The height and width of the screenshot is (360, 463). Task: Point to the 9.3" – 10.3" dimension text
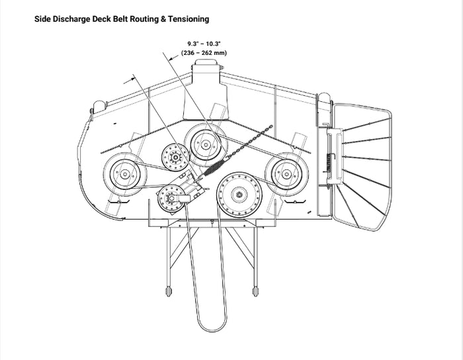click(x=204, y=43)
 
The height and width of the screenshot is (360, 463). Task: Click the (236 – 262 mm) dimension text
click(x=204, y=52)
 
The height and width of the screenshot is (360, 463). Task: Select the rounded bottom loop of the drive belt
click(x=212, y=324)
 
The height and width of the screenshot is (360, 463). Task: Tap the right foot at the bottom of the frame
click(x=255, y=291)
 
